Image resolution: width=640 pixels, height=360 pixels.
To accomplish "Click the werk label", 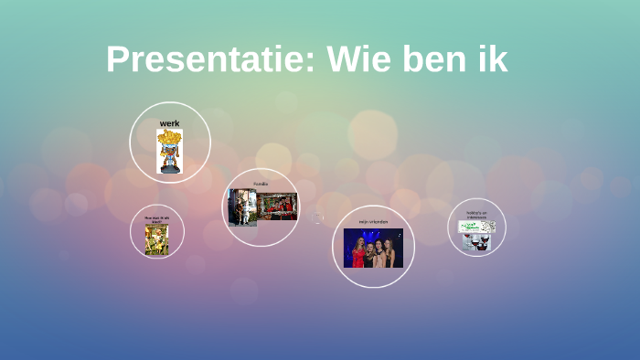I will pos(169,122).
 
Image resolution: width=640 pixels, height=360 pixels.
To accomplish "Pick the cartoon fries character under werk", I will pos(169,152).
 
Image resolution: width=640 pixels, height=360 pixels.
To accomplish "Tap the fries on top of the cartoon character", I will pos(169,139).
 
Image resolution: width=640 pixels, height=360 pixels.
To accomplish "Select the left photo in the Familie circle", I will pos(242,207).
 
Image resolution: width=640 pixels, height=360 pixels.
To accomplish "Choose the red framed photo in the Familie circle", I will pos(277,206).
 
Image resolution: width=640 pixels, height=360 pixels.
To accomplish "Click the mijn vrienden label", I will pos(373,221).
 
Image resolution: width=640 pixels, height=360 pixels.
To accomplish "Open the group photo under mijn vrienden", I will pos(373,248).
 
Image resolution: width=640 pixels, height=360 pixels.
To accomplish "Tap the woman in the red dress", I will pos(357,251).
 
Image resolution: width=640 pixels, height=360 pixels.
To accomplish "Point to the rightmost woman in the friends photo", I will pos(391,251).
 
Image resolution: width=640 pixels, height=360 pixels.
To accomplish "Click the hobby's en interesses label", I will pos(476,215).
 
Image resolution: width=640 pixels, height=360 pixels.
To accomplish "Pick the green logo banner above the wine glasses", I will pos(476,225).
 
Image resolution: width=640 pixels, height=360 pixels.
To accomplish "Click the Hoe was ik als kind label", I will pos(156,219).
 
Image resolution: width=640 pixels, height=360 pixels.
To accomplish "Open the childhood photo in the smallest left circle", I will pos(156,239).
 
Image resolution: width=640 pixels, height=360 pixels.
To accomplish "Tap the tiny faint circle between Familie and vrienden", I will pos(318,217).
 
